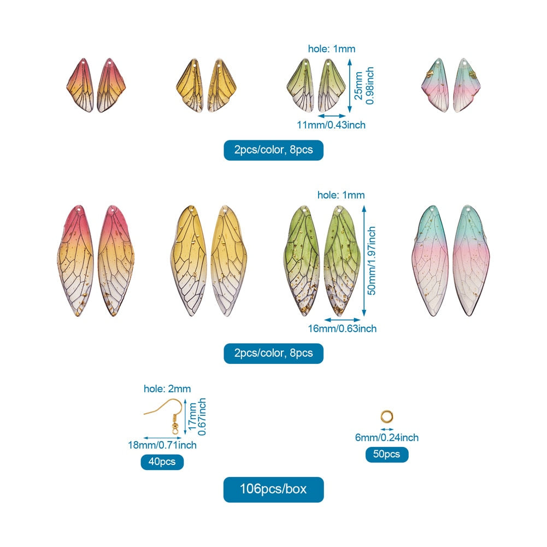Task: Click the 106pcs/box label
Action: tap(273, 489)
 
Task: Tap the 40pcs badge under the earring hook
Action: tap(162, 462)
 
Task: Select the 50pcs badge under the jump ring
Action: tap(387, 454)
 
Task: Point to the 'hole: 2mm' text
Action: tap(167, 389)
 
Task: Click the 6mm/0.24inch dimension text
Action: tap(387, 437)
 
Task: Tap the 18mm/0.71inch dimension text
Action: tap(162, 445)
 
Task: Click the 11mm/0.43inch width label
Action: tap(331, 125)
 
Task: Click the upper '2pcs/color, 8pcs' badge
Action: tap(273, 150)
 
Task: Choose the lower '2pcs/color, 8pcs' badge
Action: tap(273, 353)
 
